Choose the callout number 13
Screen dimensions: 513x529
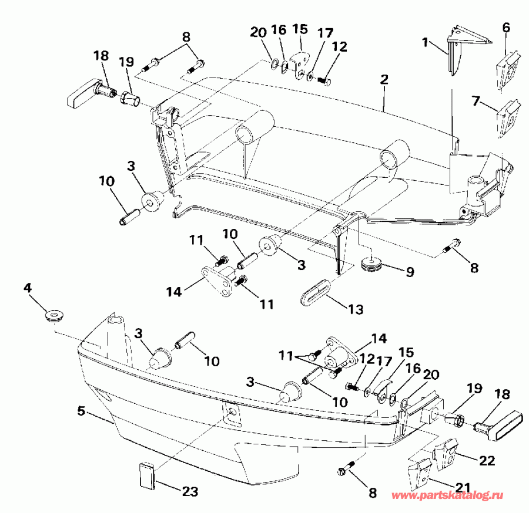pyautogui.click(x=354, y=309)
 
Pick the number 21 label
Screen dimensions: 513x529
pyautogui.click(x=464, y=487)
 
